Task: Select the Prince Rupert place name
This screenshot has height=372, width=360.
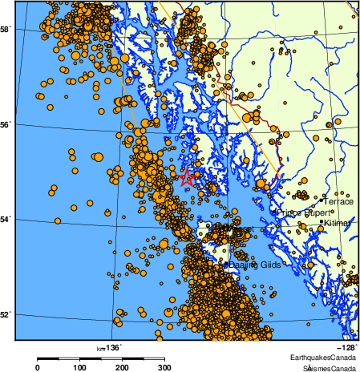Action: (x=301, y=212)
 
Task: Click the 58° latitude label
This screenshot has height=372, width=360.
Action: (x=5, y=30)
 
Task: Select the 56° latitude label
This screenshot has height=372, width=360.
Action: (x=5, y=125)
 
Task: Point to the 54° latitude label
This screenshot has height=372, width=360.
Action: (x=5, y=219)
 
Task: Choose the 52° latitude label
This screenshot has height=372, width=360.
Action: (x=5, y=313)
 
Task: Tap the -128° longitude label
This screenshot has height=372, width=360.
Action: (x=346, y=347)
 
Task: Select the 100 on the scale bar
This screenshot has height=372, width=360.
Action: (x=79, y=367)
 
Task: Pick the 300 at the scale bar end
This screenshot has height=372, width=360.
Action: (x=164, y=367)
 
